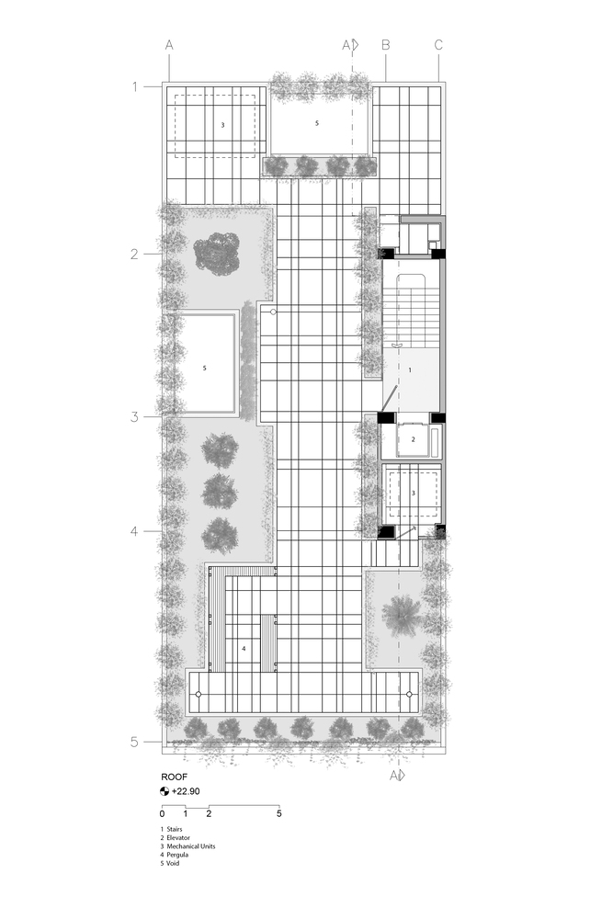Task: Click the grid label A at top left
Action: [169, 45]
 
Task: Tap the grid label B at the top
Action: [386, 45]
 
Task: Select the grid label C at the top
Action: [438, 45]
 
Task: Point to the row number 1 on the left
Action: [135, 86]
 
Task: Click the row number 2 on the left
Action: [134, 255]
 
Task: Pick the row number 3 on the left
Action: [134, 417]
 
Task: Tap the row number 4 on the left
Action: [134, 531]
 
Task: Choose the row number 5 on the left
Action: [134, 742]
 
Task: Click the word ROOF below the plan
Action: [174, 777]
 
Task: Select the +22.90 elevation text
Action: [186, 791]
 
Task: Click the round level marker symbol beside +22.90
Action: [165, 791]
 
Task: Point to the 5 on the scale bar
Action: [279, 813]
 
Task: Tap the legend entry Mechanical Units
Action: [191, 846]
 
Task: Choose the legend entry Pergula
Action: [177, 855]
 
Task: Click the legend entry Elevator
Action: [178, 838]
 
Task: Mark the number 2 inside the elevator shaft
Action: [414, 439]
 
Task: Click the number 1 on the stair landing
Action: [410, 370]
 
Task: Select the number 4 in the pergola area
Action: [244, 648]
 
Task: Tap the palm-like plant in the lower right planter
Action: [402, 615]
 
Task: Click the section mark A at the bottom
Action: [394, 776]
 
